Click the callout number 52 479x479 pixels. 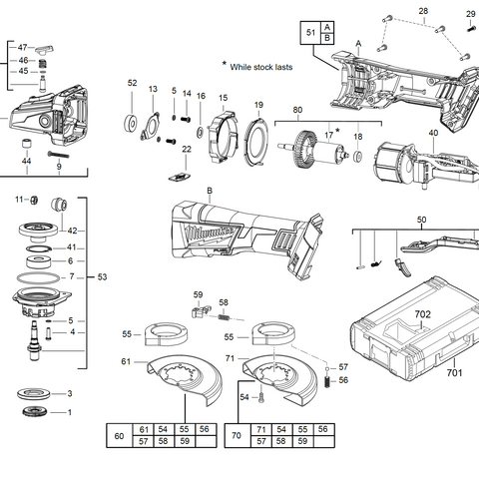[x=132, y=83]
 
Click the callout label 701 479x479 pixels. [x=454, y=373]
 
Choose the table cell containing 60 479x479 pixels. [x=120, y=435]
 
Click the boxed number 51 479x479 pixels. [x=310, y=33]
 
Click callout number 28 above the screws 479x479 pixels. [x=423, y=11]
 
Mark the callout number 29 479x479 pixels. [x=471, y=13]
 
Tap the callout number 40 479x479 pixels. [x=433, y=133]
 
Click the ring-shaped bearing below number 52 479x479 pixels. [x=131, y=124]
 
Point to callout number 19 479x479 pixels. [x=257, y=105]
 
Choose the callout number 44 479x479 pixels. [x=27, y=161]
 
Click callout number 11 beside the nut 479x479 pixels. [x=19, y=200]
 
